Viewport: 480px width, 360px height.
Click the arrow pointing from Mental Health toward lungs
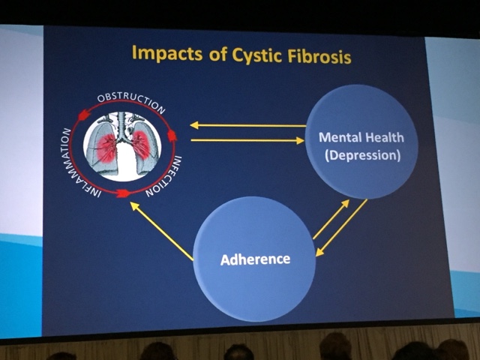pyautogui.click(x=247, y=125)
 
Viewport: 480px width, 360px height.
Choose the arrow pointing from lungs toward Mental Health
pyautogui.click(x=247, y=140)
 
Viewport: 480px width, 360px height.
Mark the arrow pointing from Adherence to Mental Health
pyautogui.click(x=331, y=219)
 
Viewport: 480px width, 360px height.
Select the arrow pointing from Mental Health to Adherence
pyautogui.click(x=342, y=227)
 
